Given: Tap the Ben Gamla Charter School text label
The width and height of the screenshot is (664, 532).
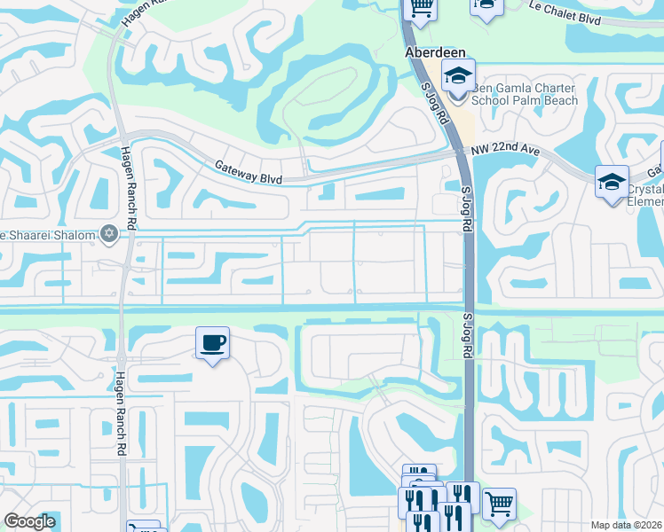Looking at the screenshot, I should coord(524,94).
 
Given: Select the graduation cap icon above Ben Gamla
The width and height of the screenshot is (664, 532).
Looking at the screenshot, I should coord(458,74).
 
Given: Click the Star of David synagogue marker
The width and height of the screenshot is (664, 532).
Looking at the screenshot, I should coord(110,234).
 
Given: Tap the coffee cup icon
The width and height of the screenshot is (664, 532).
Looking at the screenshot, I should coord(212,342).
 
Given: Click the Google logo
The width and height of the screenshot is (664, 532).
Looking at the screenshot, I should coord(29,521).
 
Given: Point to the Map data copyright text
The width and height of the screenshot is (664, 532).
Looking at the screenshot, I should coord(627,525).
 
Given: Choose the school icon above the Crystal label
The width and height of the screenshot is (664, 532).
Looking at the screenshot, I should coord(612,182).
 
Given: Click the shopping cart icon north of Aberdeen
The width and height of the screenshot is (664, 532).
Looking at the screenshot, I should coord(421,8).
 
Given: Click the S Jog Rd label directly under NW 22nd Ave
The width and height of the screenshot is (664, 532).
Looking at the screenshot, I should coord(464,209).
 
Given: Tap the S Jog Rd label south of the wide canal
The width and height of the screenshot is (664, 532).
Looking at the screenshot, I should coord(466,334).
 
